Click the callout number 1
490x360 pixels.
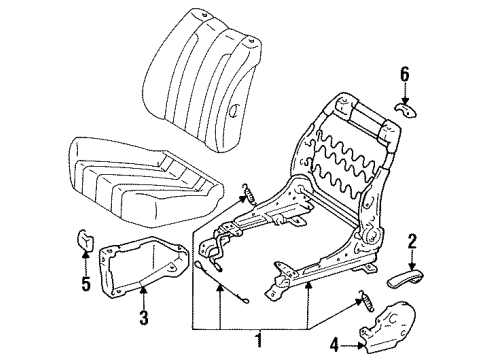258,341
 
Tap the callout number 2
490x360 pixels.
412,242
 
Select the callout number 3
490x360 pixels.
143,317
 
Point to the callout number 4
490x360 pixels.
334,345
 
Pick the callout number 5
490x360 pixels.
86,284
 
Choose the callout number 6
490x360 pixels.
404,74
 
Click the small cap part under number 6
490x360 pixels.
406,110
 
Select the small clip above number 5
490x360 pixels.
85,240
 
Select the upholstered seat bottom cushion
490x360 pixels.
146,182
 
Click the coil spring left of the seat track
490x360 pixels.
250,193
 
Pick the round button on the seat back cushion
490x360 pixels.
234,109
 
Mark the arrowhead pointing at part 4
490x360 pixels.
360,346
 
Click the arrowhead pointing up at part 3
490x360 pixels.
143,289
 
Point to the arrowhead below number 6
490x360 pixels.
404,100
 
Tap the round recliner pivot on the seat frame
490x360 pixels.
373,236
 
